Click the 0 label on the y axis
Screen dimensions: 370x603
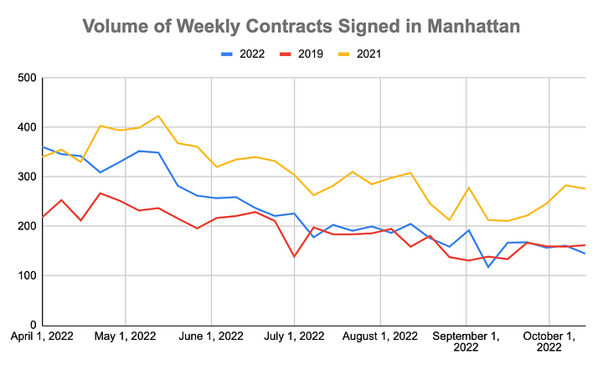pyautogui.click(x=32, y=325)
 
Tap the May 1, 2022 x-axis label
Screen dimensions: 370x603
pyautogui.click(x=125, y=337)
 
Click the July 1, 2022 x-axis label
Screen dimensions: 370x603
pyautogui.click(x=295, y=337)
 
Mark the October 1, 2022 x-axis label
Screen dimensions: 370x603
pyautogui.click(x=549, y=342)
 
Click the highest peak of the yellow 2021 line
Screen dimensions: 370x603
pyautogui.click(x=158, y=116)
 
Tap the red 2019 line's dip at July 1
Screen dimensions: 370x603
pyautogui.click(x=295, y=256)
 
